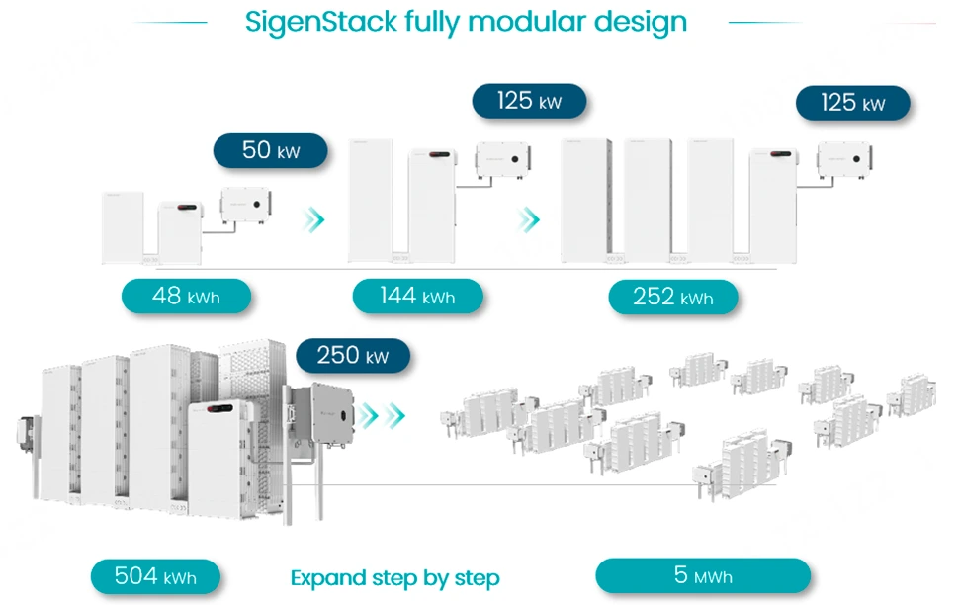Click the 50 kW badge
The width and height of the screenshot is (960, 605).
tap(270, 151)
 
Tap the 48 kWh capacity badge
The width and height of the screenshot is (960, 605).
tap(186, 296)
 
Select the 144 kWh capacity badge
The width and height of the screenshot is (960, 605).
tap(417, 296)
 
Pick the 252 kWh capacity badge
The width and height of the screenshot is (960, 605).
tap(673, 297)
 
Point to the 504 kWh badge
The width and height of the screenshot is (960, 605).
tap(154, 577)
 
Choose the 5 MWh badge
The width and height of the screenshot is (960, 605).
tap(703, 575)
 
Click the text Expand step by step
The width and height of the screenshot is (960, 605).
tap(394, 578)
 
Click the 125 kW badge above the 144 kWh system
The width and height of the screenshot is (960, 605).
tap(529, 102)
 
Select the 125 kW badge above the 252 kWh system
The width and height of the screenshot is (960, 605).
tap(852, 103)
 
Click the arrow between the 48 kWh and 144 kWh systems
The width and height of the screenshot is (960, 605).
tap(313, 219)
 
